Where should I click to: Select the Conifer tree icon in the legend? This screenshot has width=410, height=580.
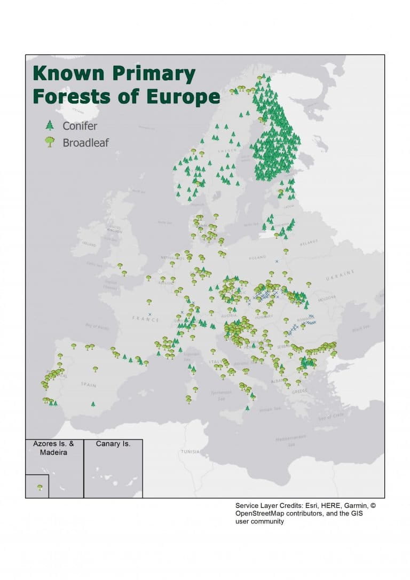[x=50, y=126]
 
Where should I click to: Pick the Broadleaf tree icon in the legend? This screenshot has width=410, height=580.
[x=50, y=142]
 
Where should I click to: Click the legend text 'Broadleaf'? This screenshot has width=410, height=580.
[x=85, y=143]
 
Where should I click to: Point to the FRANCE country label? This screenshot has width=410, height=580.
[x=146, y=319]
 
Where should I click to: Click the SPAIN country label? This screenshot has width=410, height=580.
[x=88, y=384]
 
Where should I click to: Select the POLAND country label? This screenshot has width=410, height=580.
[x=257, y=257]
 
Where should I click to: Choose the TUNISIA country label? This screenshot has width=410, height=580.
[x=190, y=451]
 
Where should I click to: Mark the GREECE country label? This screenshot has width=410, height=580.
[x=299, y=391]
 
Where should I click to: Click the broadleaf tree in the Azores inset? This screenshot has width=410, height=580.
[x=40, y=487]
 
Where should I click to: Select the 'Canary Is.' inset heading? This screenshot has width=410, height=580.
[x=113, y=444]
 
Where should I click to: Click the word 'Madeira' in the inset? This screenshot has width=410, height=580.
[x=53, y=452]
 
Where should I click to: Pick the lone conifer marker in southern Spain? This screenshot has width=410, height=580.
[x=93, y=404]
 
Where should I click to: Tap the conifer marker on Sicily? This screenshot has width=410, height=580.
[x=247, y=408]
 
